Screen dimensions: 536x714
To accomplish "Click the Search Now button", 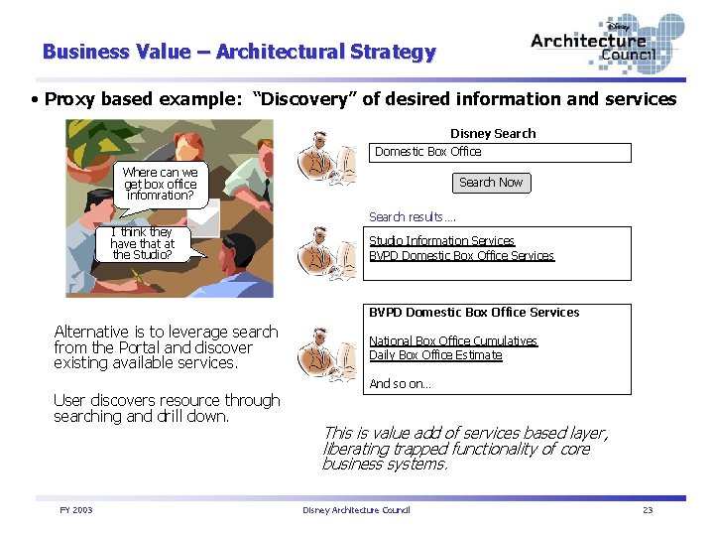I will [490, 183].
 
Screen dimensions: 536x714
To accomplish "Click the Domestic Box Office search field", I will [501, 152].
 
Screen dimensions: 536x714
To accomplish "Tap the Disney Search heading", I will [493, 133].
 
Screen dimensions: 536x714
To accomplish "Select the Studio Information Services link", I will [441, 240].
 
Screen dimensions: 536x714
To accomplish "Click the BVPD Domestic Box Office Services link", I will [461, 255].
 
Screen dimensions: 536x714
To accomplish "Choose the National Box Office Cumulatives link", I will [452, 340].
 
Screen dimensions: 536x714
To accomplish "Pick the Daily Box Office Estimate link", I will [435, 354].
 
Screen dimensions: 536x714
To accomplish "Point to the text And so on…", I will [400, 383].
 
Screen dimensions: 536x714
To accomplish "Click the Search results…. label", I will [413, 216].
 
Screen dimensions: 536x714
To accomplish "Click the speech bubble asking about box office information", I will [160, 184].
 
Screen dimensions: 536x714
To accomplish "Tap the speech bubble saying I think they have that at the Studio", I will [143, 243].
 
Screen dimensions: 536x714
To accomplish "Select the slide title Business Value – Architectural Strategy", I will [239, 52].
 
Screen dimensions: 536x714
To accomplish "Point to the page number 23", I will [648, 509].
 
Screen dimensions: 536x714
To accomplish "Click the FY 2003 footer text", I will [75, 509].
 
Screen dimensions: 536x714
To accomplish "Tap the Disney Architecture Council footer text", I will [356, 509].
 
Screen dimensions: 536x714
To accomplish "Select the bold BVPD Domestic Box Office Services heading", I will [474, 312].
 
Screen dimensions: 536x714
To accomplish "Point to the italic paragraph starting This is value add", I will [464, 448].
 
